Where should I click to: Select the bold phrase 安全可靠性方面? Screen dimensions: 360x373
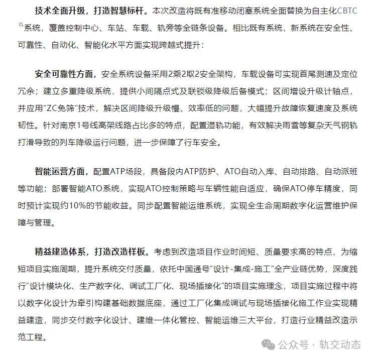pyautogui.click(x=64, y=74)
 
